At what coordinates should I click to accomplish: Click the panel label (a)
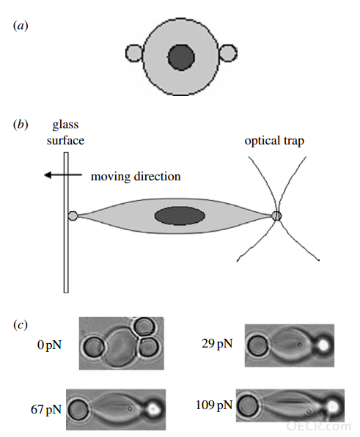(x=21, y=26)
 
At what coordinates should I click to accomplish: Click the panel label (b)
(x=21, y=125)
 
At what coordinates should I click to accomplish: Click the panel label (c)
(x=21, y=325)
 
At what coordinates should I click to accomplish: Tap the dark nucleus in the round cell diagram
(x=181, y=57)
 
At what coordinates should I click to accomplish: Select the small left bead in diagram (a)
(x=134, y=53)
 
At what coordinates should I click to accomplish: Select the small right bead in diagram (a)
(x=228, y=53)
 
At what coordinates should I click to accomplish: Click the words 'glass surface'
(x=65, y=133)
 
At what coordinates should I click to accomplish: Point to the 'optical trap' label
(x=274, y=141)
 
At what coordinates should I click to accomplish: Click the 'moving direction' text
(x=136, y=177)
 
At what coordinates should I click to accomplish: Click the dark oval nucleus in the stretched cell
(x=180, y=216)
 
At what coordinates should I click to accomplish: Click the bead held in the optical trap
(x=276, y=216)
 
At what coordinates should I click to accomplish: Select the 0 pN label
(x=49, y=345)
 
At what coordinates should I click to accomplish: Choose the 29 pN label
(x=217, y=344)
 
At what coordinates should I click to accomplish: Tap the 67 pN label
(x=46, y=409)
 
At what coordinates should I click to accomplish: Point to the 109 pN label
(x=214, y=405)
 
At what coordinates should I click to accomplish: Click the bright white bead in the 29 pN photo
(x=323, y=345)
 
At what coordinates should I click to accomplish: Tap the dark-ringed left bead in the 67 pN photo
(x=78, y=409)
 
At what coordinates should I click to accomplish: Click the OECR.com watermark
(x=318, y=426)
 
